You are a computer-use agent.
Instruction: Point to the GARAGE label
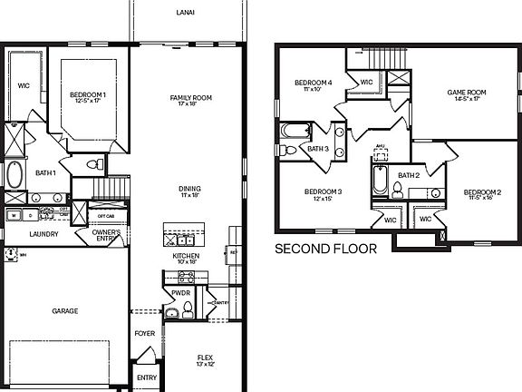coord(64,310)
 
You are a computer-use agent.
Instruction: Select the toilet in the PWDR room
coord(188,311)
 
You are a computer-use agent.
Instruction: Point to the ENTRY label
coord(146,377)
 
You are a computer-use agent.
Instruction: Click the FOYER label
coord(145,333)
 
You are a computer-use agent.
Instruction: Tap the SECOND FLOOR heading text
coord(322,248)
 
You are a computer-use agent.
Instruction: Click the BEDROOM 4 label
coord(313,85)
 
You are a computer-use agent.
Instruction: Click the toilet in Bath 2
coord(397,190)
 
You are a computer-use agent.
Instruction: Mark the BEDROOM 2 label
coord(482,194)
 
